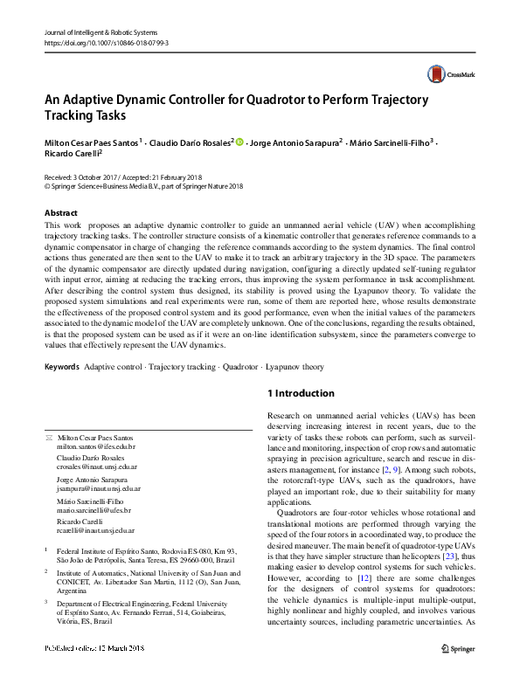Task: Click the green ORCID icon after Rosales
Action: [240, 141]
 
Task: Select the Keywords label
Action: [61, 367]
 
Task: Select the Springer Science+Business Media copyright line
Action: [143, 186]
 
